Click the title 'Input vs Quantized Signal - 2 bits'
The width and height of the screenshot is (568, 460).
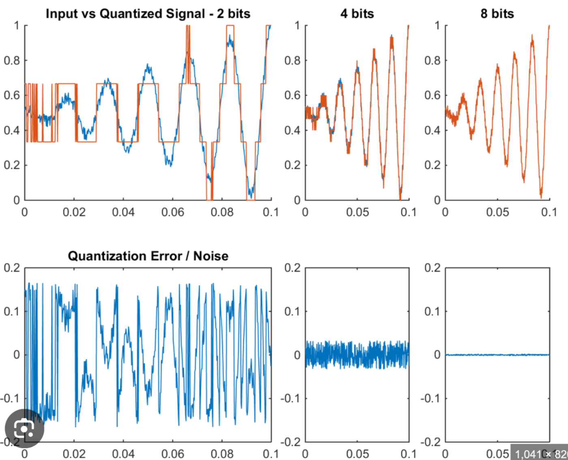[148, 14]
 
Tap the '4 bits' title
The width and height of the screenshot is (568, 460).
[357, 14]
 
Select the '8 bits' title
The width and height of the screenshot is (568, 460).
[497, 14]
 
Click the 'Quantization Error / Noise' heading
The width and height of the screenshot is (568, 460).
[148, 256]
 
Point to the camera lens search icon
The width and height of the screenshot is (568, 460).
[24, 428]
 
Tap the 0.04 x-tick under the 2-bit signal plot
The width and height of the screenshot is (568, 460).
[123, 212]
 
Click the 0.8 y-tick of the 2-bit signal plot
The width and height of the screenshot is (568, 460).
[11, 60]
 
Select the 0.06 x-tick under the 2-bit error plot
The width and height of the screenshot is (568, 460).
[173, 454]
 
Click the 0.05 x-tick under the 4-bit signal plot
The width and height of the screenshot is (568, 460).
[357, 212]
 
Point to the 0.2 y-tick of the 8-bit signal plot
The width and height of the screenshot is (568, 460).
[432, 165]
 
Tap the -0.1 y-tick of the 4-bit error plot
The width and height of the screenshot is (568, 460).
[290, 398]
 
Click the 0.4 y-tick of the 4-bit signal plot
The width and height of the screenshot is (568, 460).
[292, 130]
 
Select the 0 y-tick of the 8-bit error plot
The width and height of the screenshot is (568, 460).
[437, 355]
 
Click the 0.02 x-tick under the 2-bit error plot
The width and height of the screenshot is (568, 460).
[74, 454]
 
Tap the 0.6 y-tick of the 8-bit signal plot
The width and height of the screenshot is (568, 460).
[432, 95]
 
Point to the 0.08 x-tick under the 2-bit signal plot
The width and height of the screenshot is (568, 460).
[222, 212]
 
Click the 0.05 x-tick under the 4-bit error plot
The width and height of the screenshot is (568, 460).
[357, 454]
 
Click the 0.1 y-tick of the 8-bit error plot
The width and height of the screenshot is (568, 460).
[432, 311]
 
